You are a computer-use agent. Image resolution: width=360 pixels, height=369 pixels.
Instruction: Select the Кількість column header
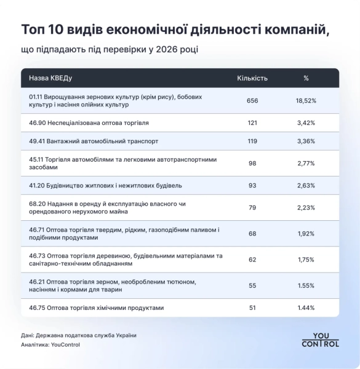click(x=252, y=78)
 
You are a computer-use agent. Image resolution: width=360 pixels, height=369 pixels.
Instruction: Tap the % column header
click(x=306, y=78)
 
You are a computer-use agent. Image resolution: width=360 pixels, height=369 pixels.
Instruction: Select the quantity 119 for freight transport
click(x=252, y=141)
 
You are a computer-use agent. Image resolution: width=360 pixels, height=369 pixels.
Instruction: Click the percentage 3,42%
click(x=306, y=123)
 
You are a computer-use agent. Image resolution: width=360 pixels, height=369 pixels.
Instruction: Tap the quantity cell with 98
click(x=252, y=163)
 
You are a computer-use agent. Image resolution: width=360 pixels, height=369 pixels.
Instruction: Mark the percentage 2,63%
click(x=306, y=185)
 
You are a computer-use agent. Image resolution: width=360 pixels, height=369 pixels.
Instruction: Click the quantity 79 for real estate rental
click(x=252, y=207)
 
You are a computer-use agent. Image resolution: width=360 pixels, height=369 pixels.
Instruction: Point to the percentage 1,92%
click(x=306, y=234)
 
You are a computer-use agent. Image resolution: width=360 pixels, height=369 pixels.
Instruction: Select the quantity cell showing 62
click(x=252, y=260)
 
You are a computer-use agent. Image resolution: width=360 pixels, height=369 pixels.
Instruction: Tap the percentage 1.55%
click(x=306, y=286)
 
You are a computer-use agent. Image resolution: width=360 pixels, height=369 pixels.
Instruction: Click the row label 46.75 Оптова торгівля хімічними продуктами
click(x=97, y=307)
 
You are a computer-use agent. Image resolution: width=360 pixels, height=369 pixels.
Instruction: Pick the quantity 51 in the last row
click(x=252, y=307)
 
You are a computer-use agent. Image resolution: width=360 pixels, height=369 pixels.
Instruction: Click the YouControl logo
click(x=320, y=340)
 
